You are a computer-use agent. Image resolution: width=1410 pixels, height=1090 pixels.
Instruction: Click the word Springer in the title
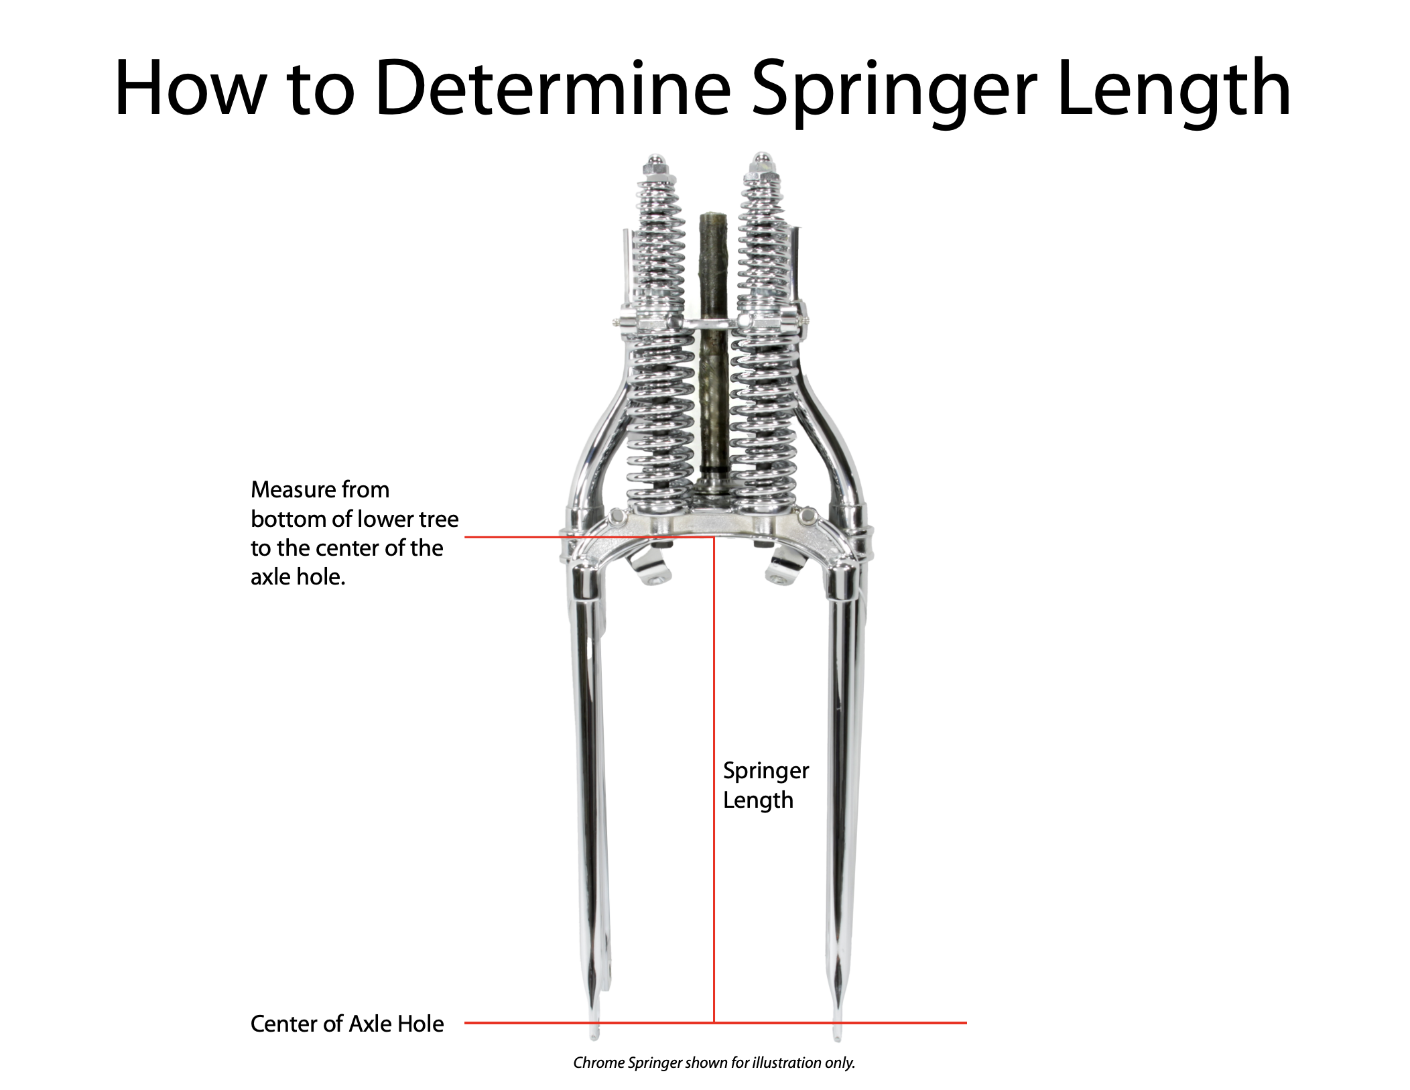click(x=894, y=90)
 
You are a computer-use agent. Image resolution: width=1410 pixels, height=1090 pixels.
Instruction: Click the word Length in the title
click(x=1173, y=90)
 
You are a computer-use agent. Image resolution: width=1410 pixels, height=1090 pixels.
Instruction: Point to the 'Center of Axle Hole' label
click(x=346, y=1024)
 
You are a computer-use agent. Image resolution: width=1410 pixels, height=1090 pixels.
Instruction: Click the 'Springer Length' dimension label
click(x=765, y=785)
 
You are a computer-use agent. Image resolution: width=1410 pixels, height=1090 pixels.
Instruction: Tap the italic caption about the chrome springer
click(x=714, y=1063)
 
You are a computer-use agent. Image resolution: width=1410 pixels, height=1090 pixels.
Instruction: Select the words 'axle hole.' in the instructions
click(x=298, y=577)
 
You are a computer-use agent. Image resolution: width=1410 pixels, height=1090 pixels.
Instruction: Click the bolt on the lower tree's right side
click(x=808, y=516)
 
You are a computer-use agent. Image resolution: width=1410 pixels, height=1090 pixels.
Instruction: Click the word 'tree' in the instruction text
click(x=439, y=520)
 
